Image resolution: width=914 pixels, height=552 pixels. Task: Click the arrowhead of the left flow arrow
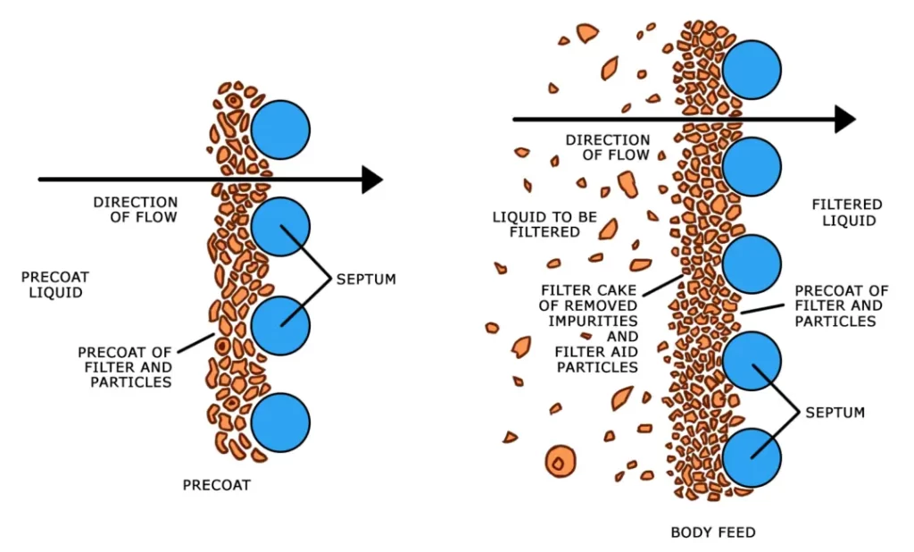click(x=372, y=180)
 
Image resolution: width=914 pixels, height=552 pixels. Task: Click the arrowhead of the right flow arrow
click(x=844, y=119)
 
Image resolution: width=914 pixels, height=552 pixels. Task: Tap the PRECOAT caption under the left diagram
click(x=217, y=486)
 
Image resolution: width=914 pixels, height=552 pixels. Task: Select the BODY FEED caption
click(x=713, y=533)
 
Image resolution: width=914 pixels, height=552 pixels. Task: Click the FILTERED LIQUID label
click(x=847, y=213)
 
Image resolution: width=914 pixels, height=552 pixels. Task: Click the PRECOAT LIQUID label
click(x=55, y=284)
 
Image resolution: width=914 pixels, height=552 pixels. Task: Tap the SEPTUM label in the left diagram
click(x=366, y=280)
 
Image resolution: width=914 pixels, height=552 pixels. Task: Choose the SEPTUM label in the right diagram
click(x=835, y=413)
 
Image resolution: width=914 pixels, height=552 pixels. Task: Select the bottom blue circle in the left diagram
click(x=280, y=422)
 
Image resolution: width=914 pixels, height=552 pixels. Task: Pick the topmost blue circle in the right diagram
click(x=752, y=70)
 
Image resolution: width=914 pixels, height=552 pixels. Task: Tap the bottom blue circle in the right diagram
click(x=752, y=457)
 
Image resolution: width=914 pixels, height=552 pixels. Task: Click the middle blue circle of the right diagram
click(x=752, y=264)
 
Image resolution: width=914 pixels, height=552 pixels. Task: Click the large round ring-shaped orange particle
click(x=560, y=462)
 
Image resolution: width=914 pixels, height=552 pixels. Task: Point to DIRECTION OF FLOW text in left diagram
click(x=136, y=210)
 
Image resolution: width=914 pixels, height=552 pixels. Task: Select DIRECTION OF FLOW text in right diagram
click(x=608, y=147)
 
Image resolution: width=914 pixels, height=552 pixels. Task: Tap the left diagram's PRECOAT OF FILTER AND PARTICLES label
click(x=125, y=366)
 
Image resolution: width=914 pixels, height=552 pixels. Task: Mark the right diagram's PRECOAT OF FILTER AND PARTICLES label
click(x=842, y=305)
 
